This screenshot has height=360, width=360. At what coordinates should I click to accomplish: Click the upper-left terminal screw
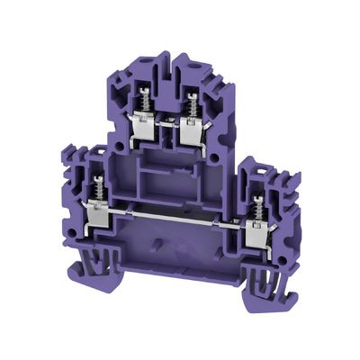[x=142, y=101]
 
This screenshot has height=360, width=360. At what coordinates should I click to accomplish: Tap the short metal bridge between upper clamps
[x=167, y=124]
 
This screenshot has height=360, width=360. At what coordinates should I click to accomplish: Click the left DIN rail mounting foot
[x=94, y=262]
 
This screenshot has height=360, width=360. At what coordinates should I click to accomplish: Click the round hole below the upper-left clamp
[x=119, y=144]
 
